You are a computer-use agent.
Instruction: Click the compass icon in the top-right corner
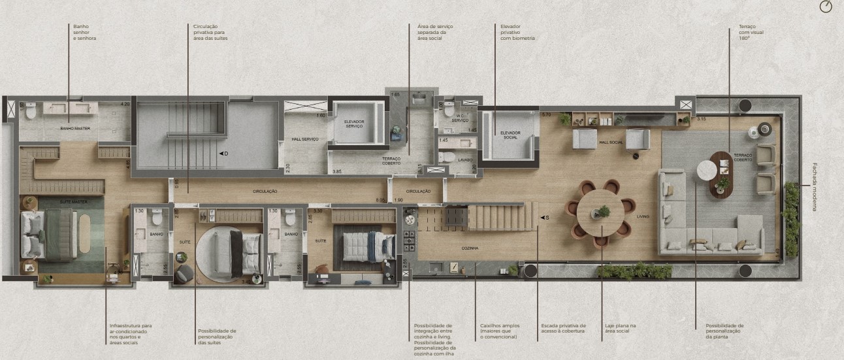coord(826,7)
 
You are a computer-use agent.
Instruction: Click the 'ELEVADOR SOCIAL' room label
coord(510,135)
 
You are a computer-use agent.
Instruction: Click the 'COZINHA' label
coord(469,248)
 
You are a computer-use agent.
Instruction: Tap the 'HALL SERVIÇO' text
coord(304,139)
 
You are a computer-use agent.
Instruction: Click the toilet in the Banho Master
coord(31,110)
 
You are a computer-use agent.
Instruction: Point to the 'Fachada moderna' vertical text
coord(815,186)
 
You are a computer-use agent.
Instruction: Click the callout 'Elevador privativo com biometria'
coord(517,33)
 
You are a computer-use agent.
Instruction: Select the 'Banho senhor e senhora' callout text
coord(85,33)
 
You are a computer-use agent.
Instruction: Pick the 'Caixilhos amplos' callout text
coord(498,331)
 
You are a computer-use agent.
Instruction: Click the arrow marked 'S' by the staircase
coord(544,218)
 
